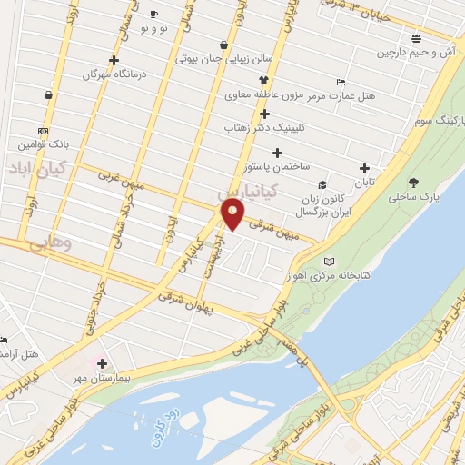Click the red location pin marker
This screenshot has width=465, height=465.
tap(233, 215)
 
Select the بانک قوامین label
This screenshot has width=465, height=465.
tap(42, 144)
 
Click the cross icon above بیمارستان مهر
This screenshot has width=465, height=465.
tap(103, 363)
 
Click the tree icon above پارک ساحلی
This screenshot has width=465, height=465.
tap(414, 183)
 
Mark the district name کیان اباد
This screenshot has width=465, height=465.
tap(32, 168)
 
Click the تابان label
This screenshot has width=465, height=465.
tap(363, 183)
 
